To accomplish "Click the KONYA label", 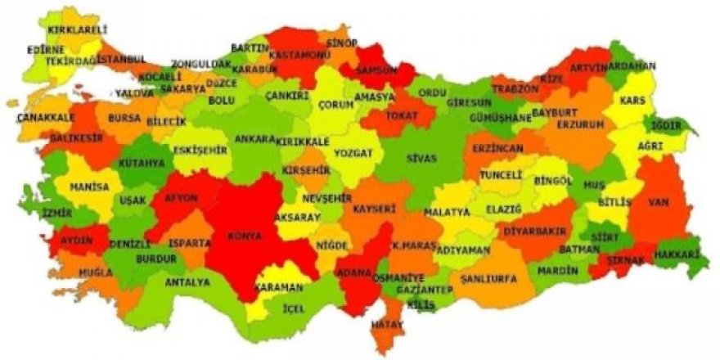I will click(246, 236).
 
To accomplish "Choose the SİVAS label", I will click(422, 158).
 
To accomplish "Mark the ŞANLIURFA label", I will click(489, 279).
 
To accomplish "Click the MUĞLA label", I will click(96, 272).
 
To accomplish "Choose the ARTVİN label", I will click(590, 67).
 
